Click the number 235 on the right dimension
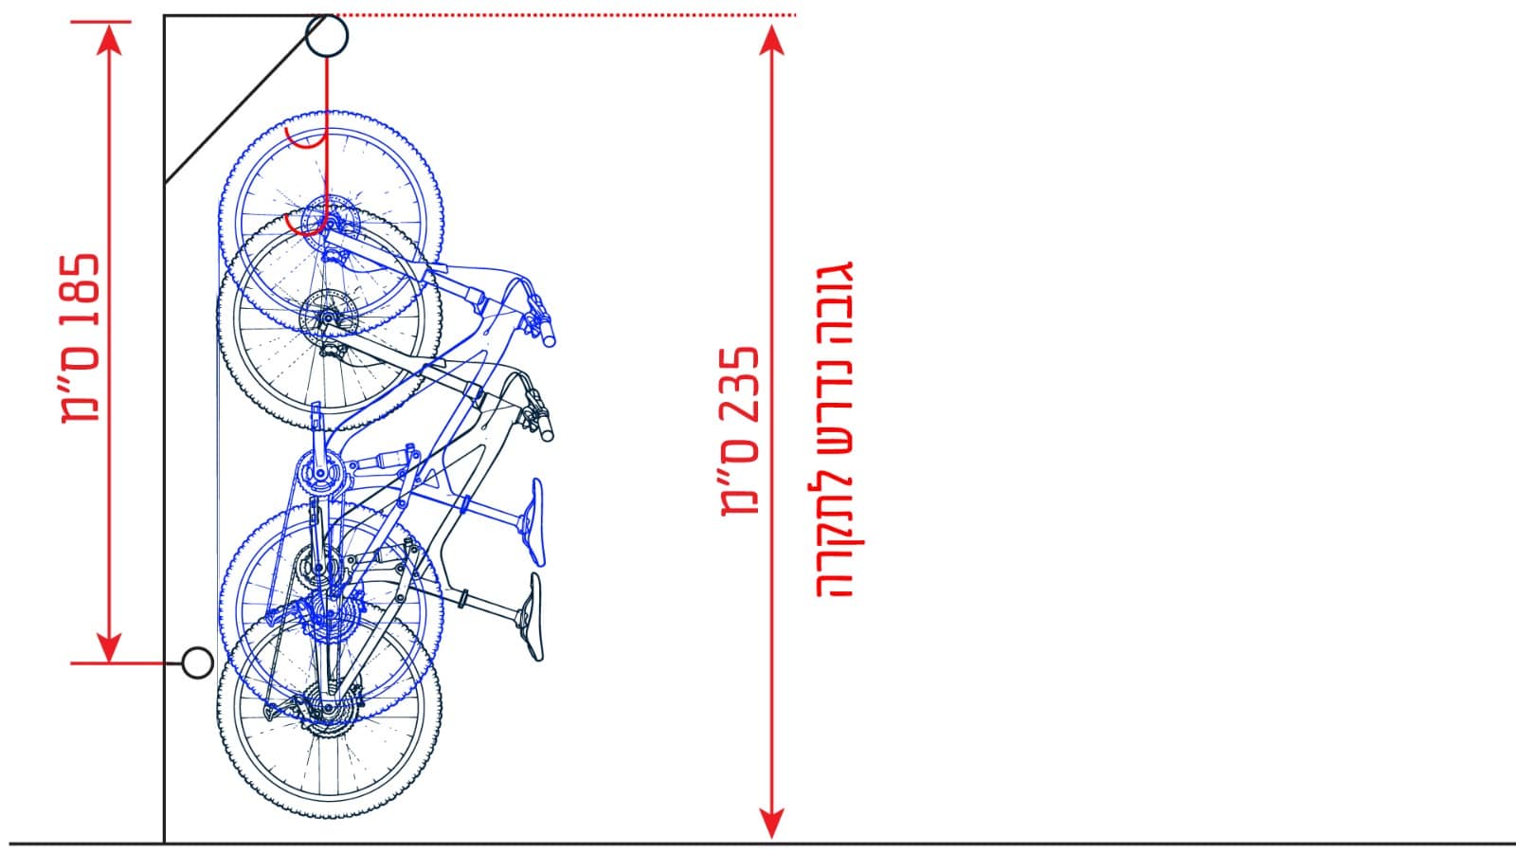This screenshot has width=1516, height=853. (740, 387)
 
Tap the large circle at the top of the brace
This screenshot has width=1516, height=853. (327, 35)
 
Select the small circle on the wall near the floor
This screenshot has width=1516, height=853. (198, 662)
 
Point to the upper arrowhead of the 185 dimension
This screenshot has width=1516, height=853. (109, 39)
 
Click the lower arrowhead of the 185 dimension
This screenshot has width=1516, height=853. (109, 647)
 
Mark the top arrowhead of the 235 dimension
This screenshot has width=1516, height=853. (771, 41)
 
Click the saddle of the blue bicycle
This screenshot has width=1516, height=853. (534, 522)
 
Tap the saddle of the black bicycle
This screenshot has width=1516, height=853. (532, 617)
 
